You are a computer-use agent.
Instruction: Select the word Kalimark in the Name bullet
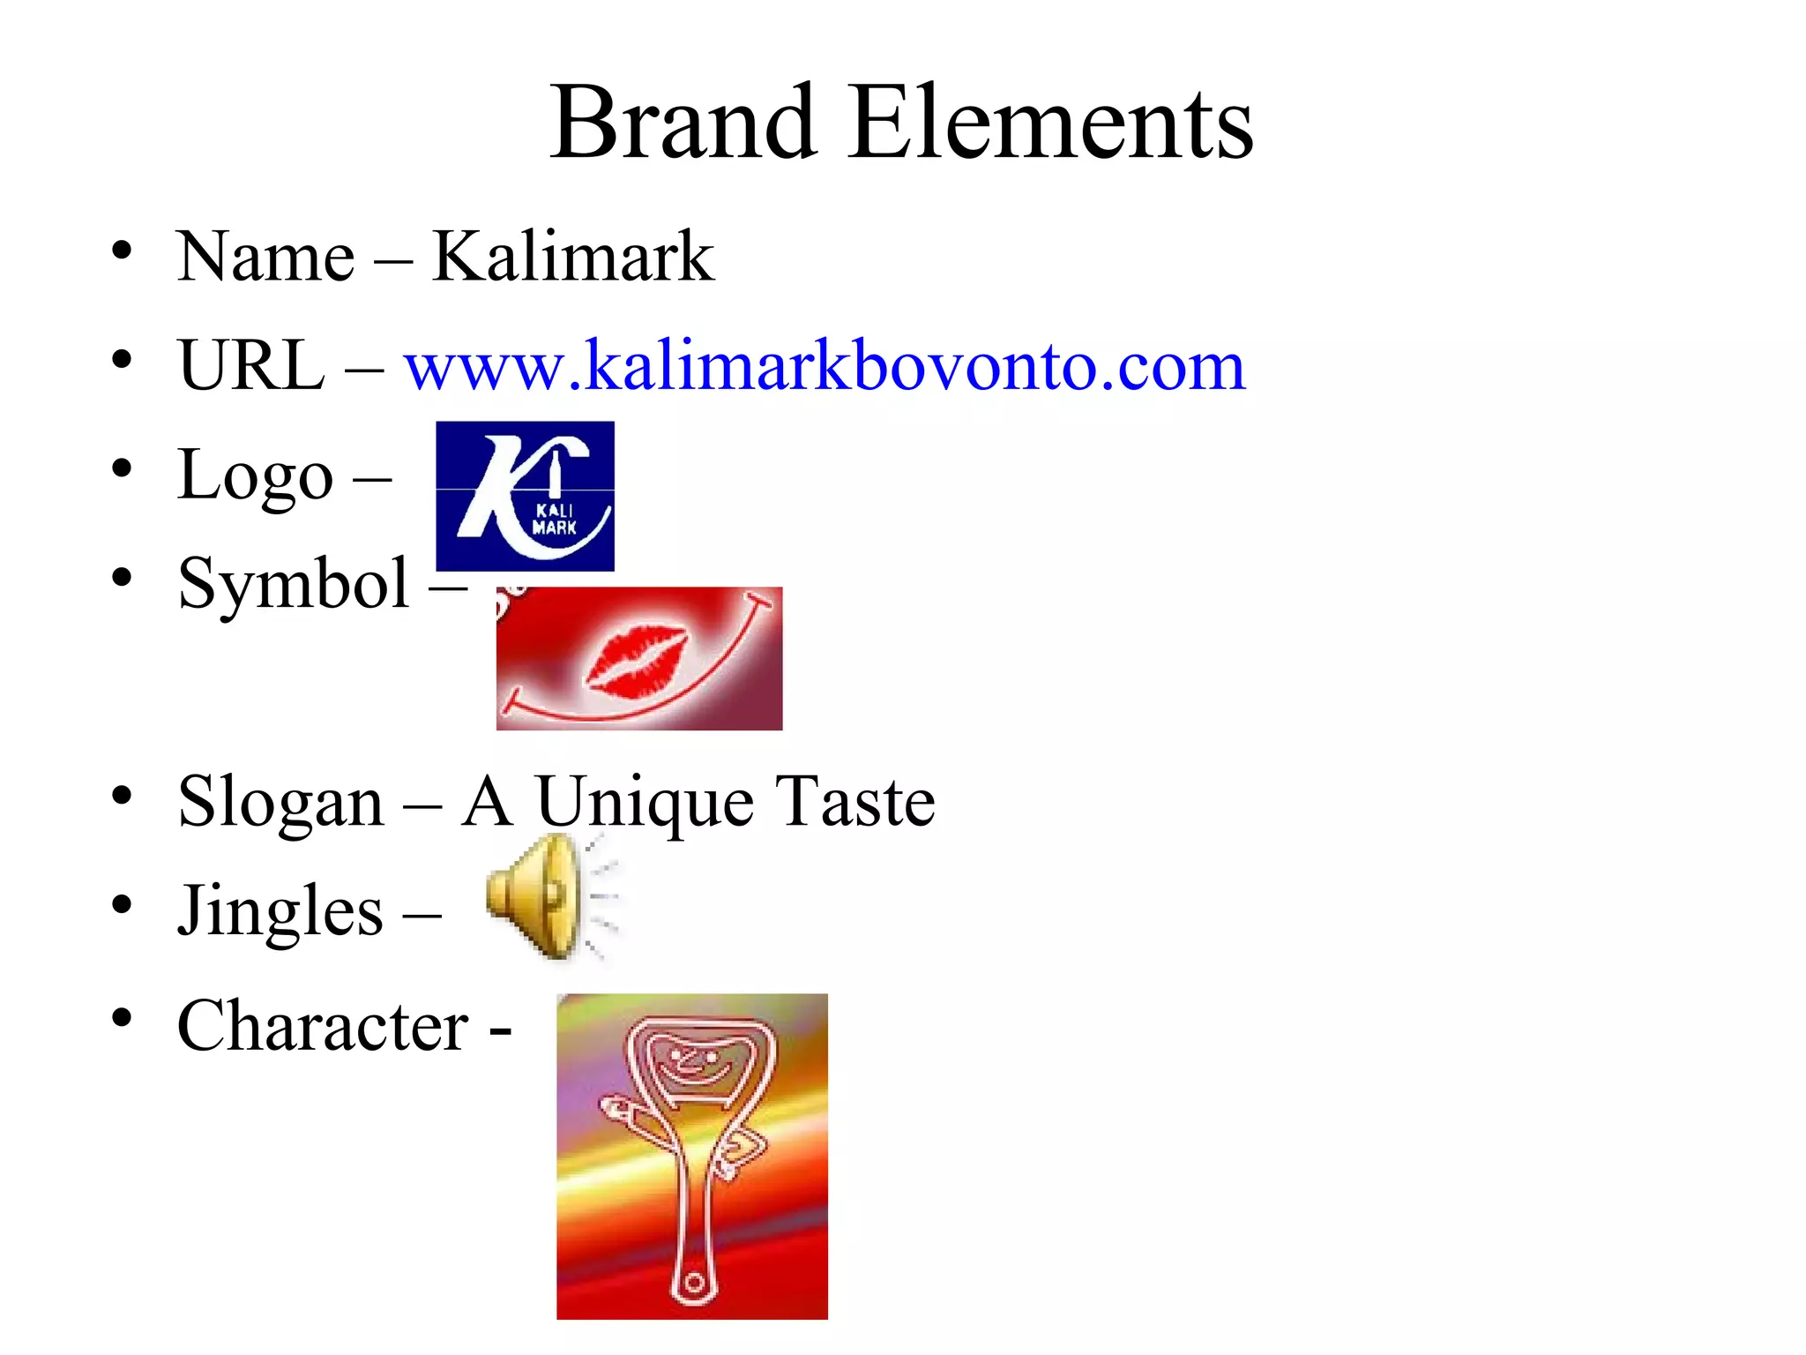572,257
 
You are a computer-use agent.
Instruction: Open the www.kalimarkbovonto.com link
824,364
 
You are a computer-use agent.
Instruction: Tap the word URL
251,364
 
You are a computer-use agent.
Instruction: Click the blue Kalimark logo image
525,496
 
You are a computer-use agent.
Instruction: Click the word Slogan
280,803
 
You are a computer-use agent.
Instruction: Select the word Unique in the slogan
644,803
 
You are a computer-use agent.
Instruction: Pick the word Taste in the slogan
854,801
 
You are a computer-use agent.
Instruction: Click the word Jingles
280,911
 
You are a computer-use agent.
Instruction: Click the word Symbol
294,584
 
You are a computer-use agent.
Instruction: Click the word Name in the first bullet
265,257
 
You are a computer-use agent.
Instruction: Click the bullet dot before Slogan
122,796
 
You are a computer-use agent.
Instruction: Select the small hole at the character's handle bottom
693,1282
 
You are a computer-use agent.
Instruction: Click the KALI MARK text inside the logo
555,520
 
